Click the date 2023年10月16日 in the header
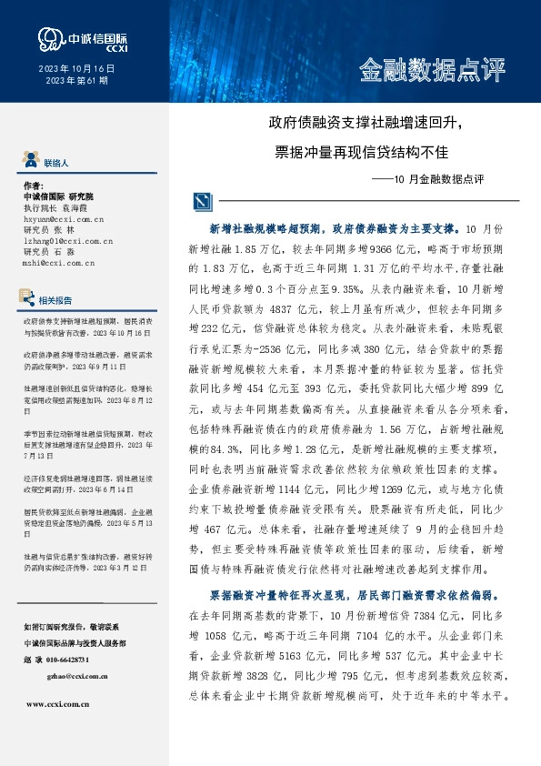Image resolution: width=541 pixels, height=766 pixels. tap(76, 69)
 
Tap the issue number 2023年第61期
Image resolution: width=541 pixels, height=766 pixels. tap(76, 81)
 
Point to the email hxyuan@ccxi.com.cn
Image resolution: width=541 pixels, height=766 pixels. tap(64, 219)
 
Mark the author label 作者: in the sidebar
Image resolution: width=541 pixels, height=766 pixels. tap(34, 185)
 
